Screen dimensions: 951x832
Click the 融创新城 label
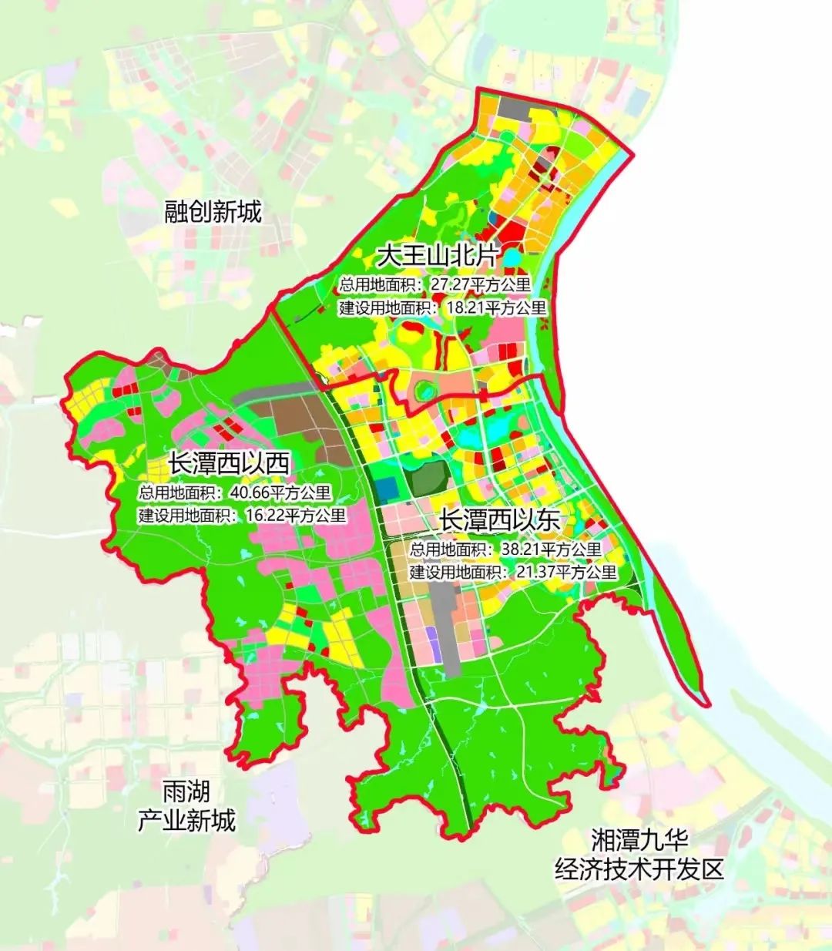213,211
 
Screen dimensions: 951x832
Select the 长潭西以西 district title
229,464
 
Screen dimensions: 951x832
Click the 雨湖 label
186,791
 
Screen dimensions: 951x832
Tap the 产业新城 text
186,820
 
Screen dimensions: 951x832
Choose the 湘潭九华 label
639,839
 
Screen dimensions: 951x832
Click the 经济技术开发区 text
639,869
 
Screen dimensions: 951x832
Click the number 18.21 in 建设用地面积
466,308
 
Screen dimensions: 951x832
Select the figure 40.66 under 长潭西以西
251,493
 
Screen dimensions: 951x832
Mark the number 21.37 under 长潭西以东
537,573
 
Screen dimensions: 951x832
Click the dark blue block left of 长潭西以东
387,488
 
